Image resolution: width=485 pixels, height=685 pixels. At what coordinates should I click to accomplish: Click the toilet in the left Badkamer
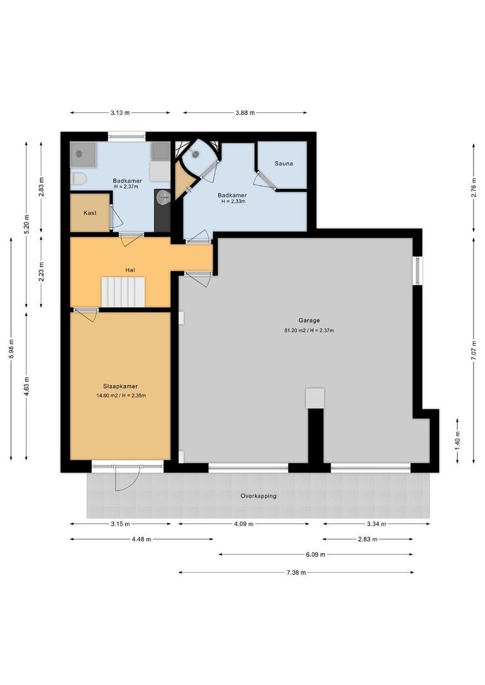coord(78,179)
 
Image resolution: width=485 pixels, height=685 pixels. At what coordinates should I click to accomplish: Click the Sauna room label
coord(284,164)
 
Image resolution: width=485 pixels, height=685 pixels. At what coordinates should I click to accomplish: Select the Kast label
coord(90,213)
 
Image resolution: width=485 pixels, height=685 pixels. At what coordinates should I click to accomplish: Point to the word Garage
coord(309,320)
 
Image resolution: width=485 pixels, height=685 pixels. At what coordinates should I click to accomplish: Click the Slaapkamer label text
coord(121,386)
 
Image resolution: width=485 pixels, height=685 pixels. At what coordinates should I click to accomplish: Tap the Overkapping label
coord(258,496)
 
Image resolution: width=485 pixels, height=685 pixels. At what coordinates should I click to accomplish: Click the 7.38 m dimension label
coord(296,572)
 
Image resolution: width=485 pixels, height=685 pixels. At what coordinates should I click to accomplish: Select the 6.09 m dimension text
coord(315,554)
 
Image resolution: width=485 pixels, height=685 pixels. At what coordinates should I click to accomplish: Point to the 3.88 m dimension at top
coord(244,113)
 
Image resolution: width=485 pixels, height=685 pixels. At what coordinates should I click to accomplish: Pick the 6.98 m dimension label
coord(11,348)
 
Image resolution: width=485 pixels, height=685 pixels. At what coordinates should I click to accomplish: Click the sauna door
coord(265,180)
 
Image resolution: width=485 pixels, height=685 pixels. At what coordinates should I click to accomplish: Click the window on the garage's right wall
coord(416,271)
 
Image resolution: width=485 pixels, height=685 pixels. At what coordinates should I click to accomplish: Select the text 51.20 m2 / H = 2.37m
coord(309,330)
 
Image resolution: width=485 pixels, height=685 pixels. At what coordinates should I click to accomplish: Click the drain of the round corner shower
coord(196,154)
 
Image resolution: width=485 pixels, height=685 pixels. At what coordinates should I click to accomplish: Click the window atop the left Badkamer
coord(126,136)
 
